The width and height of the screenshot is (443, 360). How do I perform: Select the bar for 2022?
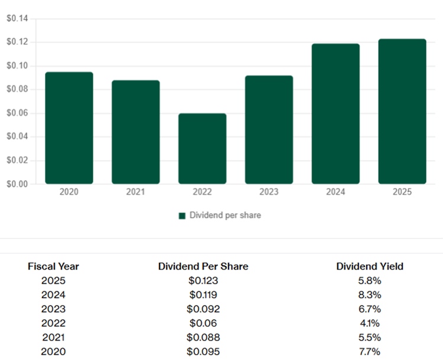[x=203, y=149]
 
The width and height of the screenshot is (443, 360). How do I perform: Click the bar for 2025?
[x=402, y=112]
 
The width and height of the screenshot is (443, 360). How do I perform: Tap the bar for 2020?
[x=69, y=128]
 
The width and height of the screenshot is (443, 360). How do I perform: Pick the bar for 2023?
[x=269, y=130]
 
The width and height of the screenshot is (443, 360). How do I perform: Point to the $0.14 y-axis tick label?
[x=17, y=19]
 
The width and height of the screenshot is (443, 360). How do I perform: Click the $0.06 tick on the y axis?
[x=17, y=113]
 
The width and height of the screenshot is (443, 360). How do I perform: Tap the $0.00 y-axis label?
[x=17, y=184]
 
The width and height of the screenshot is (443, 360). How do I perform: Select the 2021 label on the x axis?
[x=136, y=192]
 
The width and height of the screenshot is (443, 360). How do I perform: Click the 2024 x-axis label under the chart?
[x=335, y=192]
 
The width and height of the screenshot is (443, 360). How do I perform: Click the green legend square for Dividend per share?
[x=182, y=216]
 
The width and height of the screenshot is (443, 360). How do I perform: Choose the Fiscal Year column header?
[x=53, y=266]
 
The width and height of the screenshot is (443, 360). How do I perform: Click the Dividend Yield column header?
[x=370, y=266]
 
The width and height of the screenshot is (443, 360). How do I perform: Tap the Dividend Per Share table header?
[x=203, y=266]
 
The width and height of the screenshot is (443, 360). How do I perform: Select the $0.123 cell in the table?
[x=203, y=280]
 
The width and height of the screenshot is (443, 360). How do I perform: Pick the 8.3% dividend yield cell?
[x=370, y=294]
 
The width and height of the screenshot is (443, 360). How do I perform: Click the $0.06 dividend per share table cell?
[x=203, y=323]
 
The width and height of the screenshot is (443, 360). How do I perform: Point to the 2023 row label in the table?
[x=53, y=309]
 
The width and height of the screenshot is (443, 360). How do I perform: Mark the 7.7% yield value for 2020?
[x=370, y=352]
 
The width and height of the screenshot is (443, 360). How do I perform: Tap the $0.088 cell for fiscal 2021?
[x=203, y=338]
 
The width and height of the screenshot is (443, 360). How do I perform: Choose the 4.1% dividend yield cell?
[x=370, y=323]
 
